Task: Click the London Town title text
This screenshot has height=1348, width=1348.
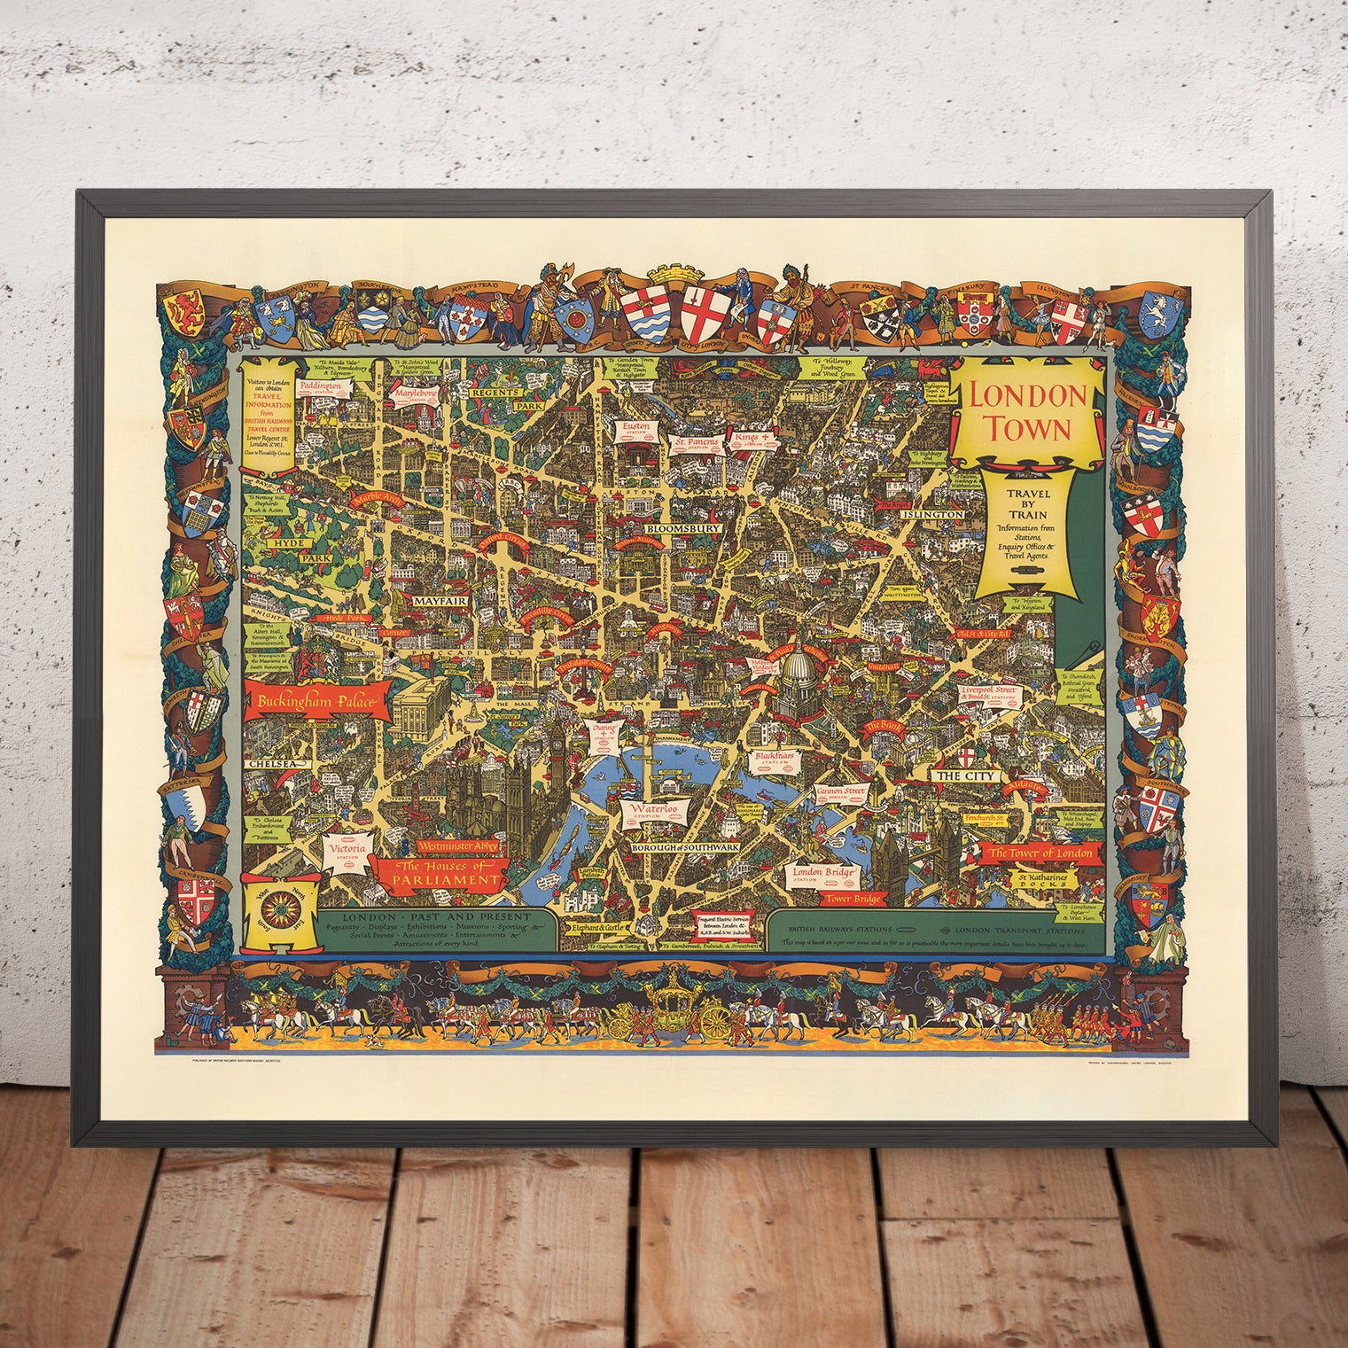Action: click(x=1029, y=411)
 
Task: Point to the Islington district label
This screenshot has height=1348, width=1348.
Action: click(x=931, y=514)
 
